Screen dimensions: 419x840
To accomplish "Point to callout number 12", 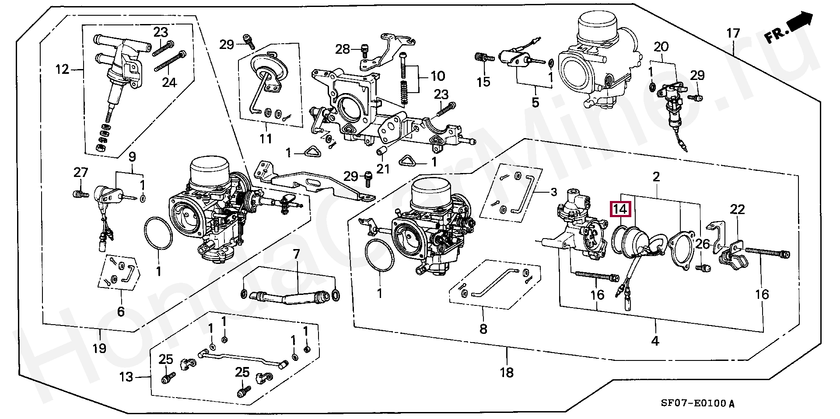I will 63,69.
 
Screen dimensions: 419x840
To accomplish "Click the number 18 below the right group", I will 507,372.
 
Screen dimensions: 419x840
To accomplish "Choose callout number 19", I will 100,348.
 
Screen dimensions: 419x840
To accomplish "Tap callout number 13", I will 126,376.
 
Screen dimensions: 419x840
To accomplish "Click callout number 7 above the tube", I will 296,254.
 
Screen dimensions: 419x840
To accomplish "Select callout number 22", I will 737,210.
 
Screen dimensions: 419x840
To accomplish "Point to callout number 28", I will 343,49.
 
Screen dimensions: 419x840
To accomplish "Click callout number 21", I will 383,168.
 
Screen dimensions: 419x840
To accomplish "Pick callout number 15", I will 483,82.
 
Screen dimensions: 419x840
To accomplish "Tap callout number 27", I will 80,173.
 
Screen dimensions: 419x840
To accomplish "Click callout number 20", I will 661,47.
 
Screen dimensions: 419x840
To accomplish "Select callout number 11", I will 266,139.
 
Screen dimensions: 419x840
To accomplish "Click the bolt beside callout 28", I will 365,52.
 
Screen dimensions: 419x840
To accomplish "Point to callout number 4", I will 655,341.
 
